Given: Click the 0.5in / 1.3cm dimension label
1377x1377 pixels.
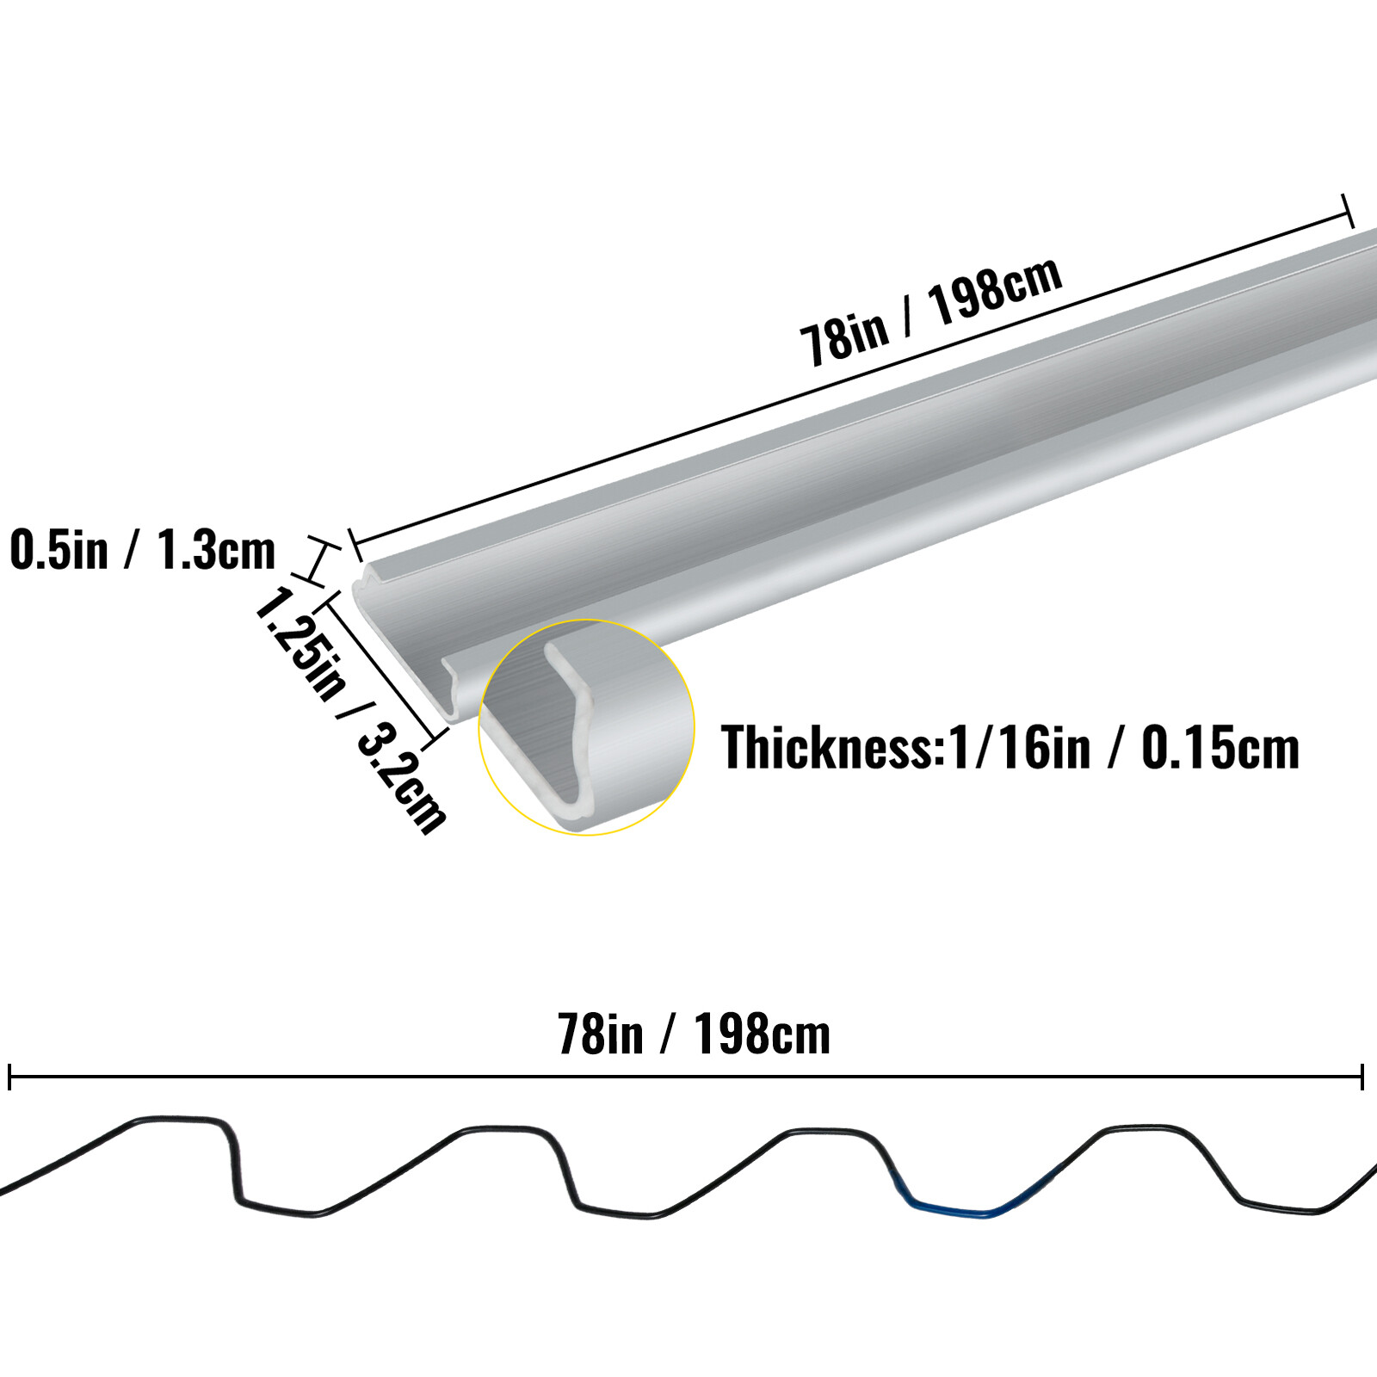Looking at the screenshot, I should [x=142, y=551].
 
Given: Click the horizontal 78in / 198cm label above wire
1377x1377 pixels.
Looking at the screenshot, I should [x=694, y=1034].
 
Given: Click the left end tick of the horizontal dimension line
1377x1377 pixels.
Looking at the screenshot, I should [x=9, y=1077].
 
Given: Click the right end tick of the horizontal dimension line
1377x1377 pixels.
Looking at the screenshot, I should [x=1362, y=1077].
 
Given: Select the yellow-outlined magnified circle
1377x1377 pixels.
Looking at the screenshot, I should [x=586, y=727].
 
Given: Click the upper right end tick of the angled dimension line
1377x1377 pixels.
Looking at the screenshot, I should [x=1347, y=211].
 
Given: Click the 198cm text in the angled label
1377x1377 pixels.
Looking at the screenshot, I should [x=995, y=291].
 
